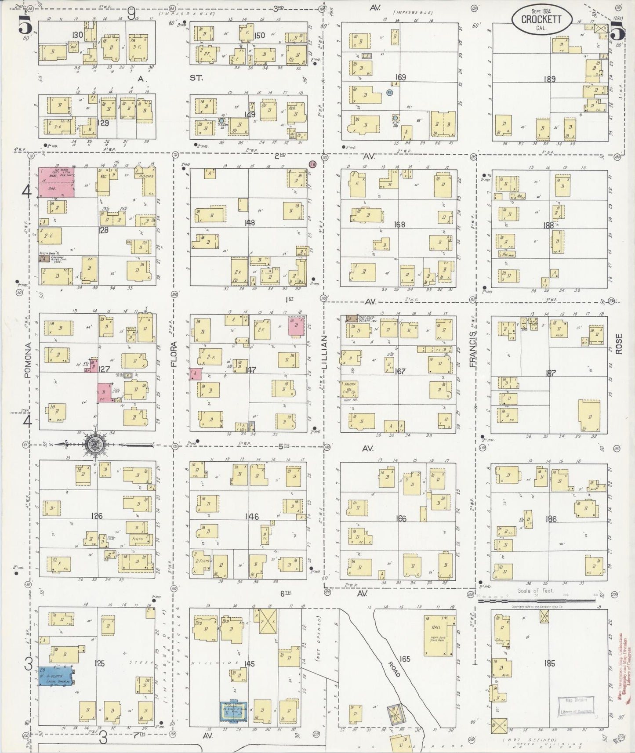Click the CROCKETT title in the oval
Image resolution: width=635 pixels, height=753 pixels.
point(542,19)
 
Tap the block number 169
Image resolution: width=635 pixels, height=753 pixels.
point(400,78)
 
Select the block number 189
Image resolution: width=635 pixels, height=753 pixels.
point(549,80)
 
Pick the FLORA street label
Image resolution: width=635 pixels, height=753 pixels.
point(174,354)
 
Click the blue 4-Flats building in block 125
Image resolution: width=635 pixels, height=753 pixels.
point(55,676)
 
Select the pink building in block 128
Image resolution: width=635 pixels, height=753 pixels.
point(56,181)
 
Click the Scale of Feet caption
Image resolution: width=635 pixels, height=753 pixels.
point(535,591)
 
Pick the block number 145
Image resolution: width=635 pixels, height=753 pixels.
point(249,664)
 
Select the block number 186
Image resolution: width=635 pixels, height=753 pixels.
point(550,519)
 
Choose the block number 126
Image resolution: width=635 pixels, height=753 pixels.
point(97,516)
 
